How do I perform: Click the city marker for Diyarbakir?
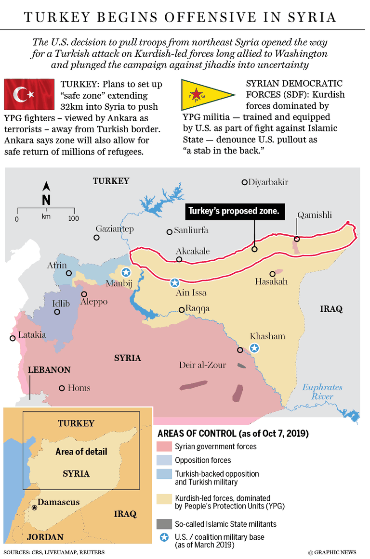tap(245, 182)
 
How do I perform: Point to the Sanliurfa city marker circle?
tap(169, 232)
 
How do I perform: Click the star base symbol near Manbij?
tap(126, 272)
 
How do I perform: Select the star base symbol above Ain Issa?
tap(175, 283)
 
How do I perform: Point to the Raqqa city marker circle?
tap(181, 310)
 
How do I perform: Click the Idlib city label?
tap(61, 304)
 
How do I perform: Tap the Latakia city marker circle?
tap(13, 339)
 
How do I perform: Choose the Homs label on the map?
tap(79, 388)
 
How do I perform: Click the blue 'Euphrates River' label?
tap(322, 392)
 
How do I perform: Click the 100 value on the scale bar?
tap(73, 219)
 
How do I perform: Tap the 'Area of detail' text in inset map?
tap(81, 452)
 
